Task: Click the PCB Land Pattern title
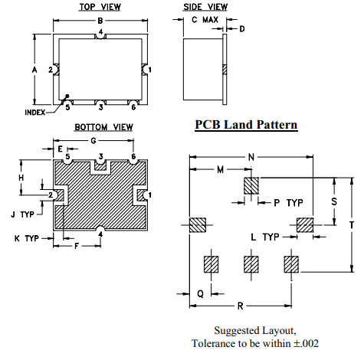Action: [245, 125]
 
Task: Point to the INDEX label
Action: [34, 112]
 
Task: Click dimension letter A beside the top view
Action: [34, 69]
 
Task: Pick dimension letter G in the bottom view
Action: [93, 141]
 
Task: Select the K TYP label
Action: [26, 239]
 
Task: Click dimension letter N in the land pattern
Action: [251, 157]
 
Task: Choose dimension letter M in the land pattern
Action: [220, 169]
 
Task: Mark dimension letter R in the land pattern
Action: [240, 306]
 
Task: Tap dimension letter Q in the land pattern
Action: [200, 293]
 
